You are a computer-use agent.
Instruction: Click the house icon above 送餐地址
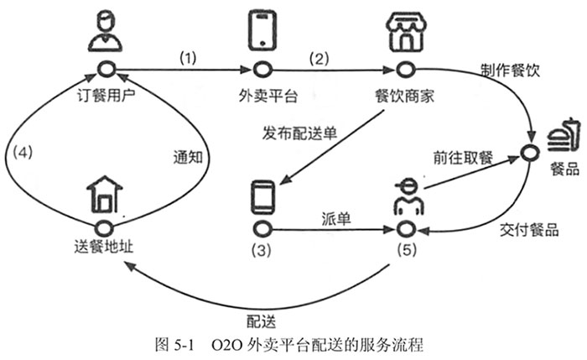[105, 196]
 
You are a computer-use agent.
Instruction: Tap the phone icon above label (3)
[263, 199]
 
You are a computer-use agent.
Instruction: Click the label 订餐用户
[106, 93]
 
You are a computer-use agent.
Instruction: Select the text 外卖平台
[263, 93]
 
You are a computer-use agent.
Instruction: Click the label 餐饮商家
[404, 93]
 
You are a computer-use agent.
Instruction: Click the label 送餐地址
[104, 248]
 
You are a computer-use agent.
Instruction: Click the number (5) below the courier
[405, 248]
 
